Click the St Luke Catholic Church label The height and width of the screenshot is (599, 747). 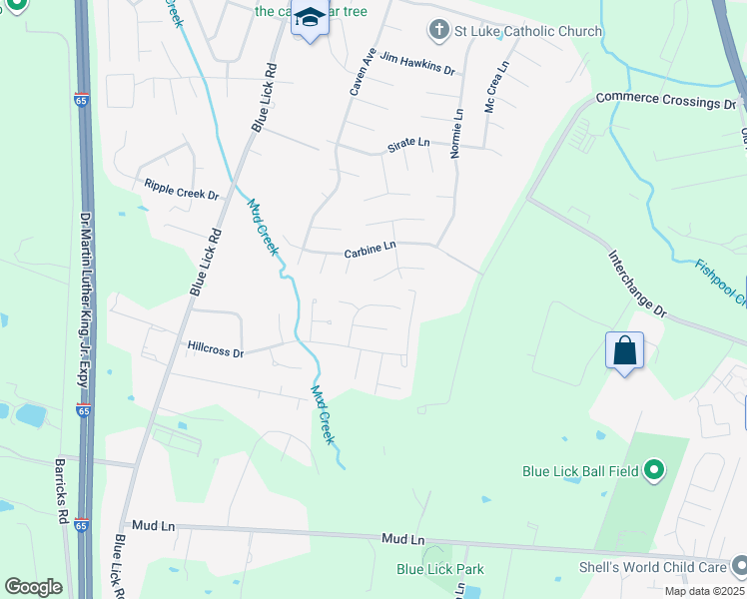[x=528, y=31]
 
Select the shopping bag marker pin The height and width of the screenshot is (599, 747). [x=624, y=351]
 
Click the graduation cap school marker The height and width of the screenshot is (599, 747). [x=310, y=19]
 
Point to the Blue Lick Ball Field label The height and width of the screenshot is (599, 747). [x=580, y=470]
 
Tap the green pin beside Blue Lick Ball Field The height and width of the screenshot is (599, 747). [x=654, y=469]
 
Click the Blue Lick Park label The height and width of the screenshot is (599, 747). [x=440, y=570]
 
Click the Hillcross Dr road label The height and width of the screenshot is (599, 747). [x=216, y=350]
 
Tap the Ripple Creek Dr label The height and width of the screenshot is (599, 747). [x=181, y=189]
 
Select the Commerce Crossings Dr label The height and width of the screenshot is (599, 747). [x=665, y=101]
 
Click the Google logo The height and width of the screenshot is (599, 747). [x=33, y=587]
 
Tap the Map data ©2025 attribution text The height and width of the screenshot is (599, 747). [x=704, y=591]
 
